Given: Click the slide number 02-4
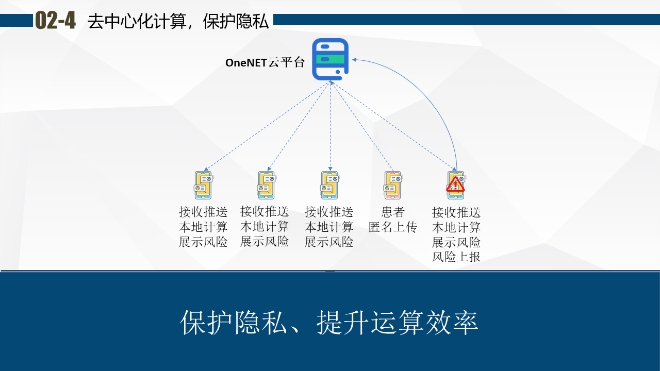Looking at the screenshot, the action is coord(55,21).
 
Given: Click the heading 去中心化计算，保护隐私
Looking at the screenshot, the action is coord(178,21).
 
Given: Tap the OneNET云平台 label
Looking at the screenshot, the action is coord(265,63).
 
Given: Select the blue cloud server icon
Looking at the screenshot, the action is coord(331,59).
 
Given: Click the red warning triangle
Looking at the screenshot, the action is coord(455,184).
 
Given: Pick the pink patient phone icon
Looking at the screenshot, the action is coord(392,185).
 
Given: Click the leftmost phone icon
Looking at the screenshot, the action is coord(203,185).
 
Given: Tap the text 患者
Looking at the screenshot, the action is coord(393,212).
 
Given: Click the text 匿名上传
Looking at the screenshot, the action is coord(393,227).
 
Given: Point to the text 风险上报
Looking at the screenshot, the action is coord(456,257).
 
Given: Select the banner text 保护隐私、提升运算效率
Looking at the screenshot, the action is coord(329,323).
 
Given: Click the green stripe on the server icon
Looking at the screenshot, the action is coord(331,59).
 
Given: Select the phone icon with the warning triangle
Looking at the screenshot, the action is coord(456,185).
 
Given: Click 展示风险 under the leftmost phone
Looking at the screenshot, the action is coord(203,242).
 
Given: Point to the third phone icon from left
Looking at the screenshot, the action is coord(329,185).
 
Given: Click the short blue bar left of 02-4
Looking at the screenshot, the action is coord(16,20).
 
